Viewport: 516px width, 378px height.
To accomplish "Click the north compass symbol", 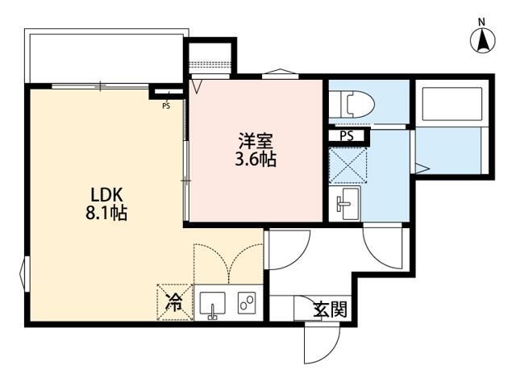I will point(482,39).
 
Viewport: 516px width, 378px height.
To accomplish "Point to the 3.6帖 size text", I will point(256,159).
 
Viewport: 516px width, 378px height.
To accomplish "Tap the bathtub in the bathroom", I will point(449,103).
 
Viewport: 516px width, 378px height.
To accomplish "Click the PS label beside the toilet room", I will point(347,136).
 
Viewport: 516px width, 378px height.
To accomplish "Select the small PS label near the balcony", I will point(166,105).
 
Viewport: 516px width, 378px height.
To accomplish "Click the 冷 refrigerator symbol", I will point(173,304).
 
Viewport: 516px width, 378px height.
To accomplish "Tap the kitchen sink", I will point(213,305).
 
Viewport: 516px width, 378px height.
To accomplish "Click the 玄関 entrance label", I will point(330,308).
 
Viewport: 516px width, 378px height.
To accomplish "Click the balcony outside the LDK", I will point(105,57).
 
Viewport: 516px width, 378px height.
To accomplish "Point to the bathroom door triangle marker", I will point(421,168).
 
